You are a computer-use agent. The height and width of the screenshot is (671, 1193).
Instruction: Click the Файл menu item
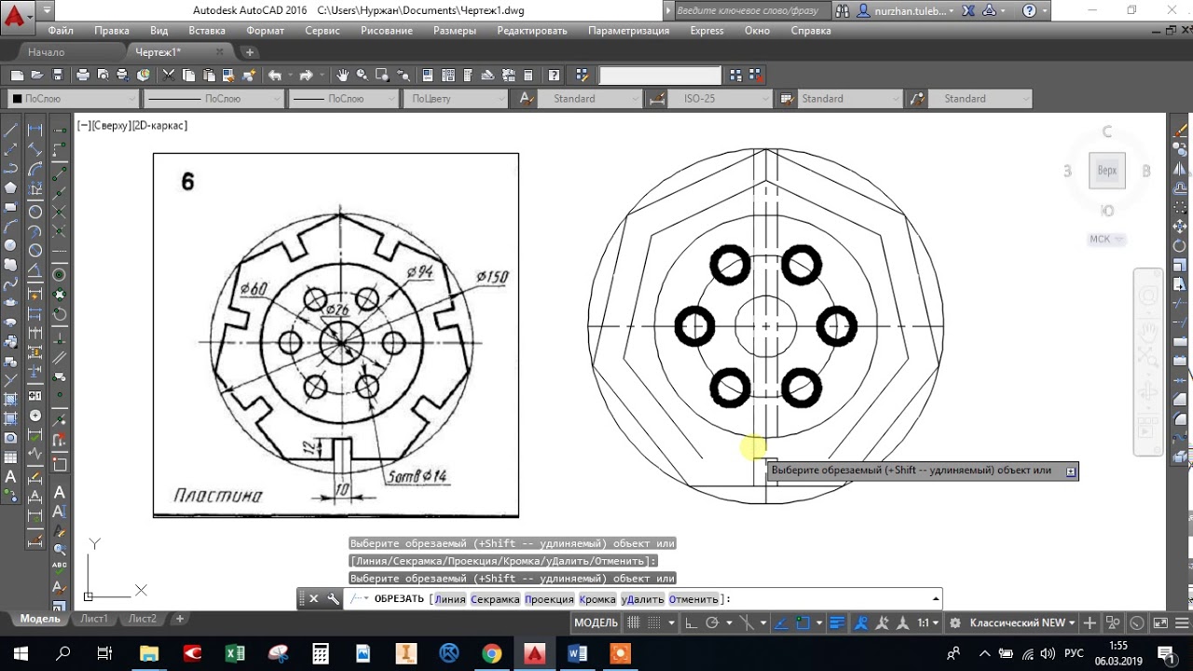[x=61, y=31]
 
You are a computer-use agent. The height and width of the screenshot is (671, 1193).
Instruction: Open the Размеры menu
[x=454, y=31]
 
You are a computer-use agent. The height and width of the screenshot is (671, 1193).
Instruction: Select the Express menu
[x=706, y=31]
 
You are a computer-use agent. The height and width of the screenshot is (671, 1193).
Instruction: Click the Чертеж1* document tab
[x=158, y=52]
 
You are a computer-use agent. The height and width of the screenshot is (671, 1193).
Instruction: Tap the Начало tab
[x=46, y=52]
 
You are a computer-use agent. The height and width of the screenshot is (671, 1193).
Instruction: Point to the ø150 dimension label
[x=491, y=277]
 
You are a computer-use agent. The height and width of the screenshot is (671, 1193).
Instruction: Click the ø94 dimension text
[x=420, y=272]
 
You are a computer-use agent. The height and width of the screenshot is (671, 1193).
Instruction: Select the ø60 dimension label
[x=253, y=289]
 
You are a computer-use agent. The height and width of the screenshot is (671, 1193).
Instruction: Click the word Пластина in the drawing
[x=218, y=496]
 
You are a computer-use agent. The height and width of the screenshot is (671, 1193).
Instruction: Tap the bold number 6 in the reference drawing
[x=187, y=182]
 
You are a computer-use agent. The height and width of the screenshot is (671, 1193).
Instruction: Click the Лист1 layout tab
[x=94, y=619]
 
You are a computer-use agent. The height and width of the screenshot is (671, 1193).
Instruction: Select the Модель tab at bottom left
[x=40, y=619]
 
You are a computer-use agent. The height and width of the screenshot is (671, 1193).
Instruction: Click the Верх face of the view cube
[x=1106, y=171]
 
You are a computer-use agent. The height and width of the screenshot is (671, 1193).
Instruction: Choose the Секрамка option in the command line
[x=494, y=599]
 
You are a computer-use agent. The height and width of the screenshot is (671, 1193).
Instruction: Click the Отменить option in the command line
[x=693, y=599]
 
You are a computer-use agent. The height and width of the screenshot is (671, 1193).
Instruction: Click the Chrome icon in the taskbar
[x=491, y=653]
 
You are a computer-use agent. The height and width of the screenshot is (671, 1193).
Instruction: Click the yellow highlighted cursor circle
[x=754, y=449]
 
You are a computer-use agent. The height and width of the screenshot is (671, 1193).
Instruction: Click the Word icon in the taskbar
[x=577, y=653]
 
